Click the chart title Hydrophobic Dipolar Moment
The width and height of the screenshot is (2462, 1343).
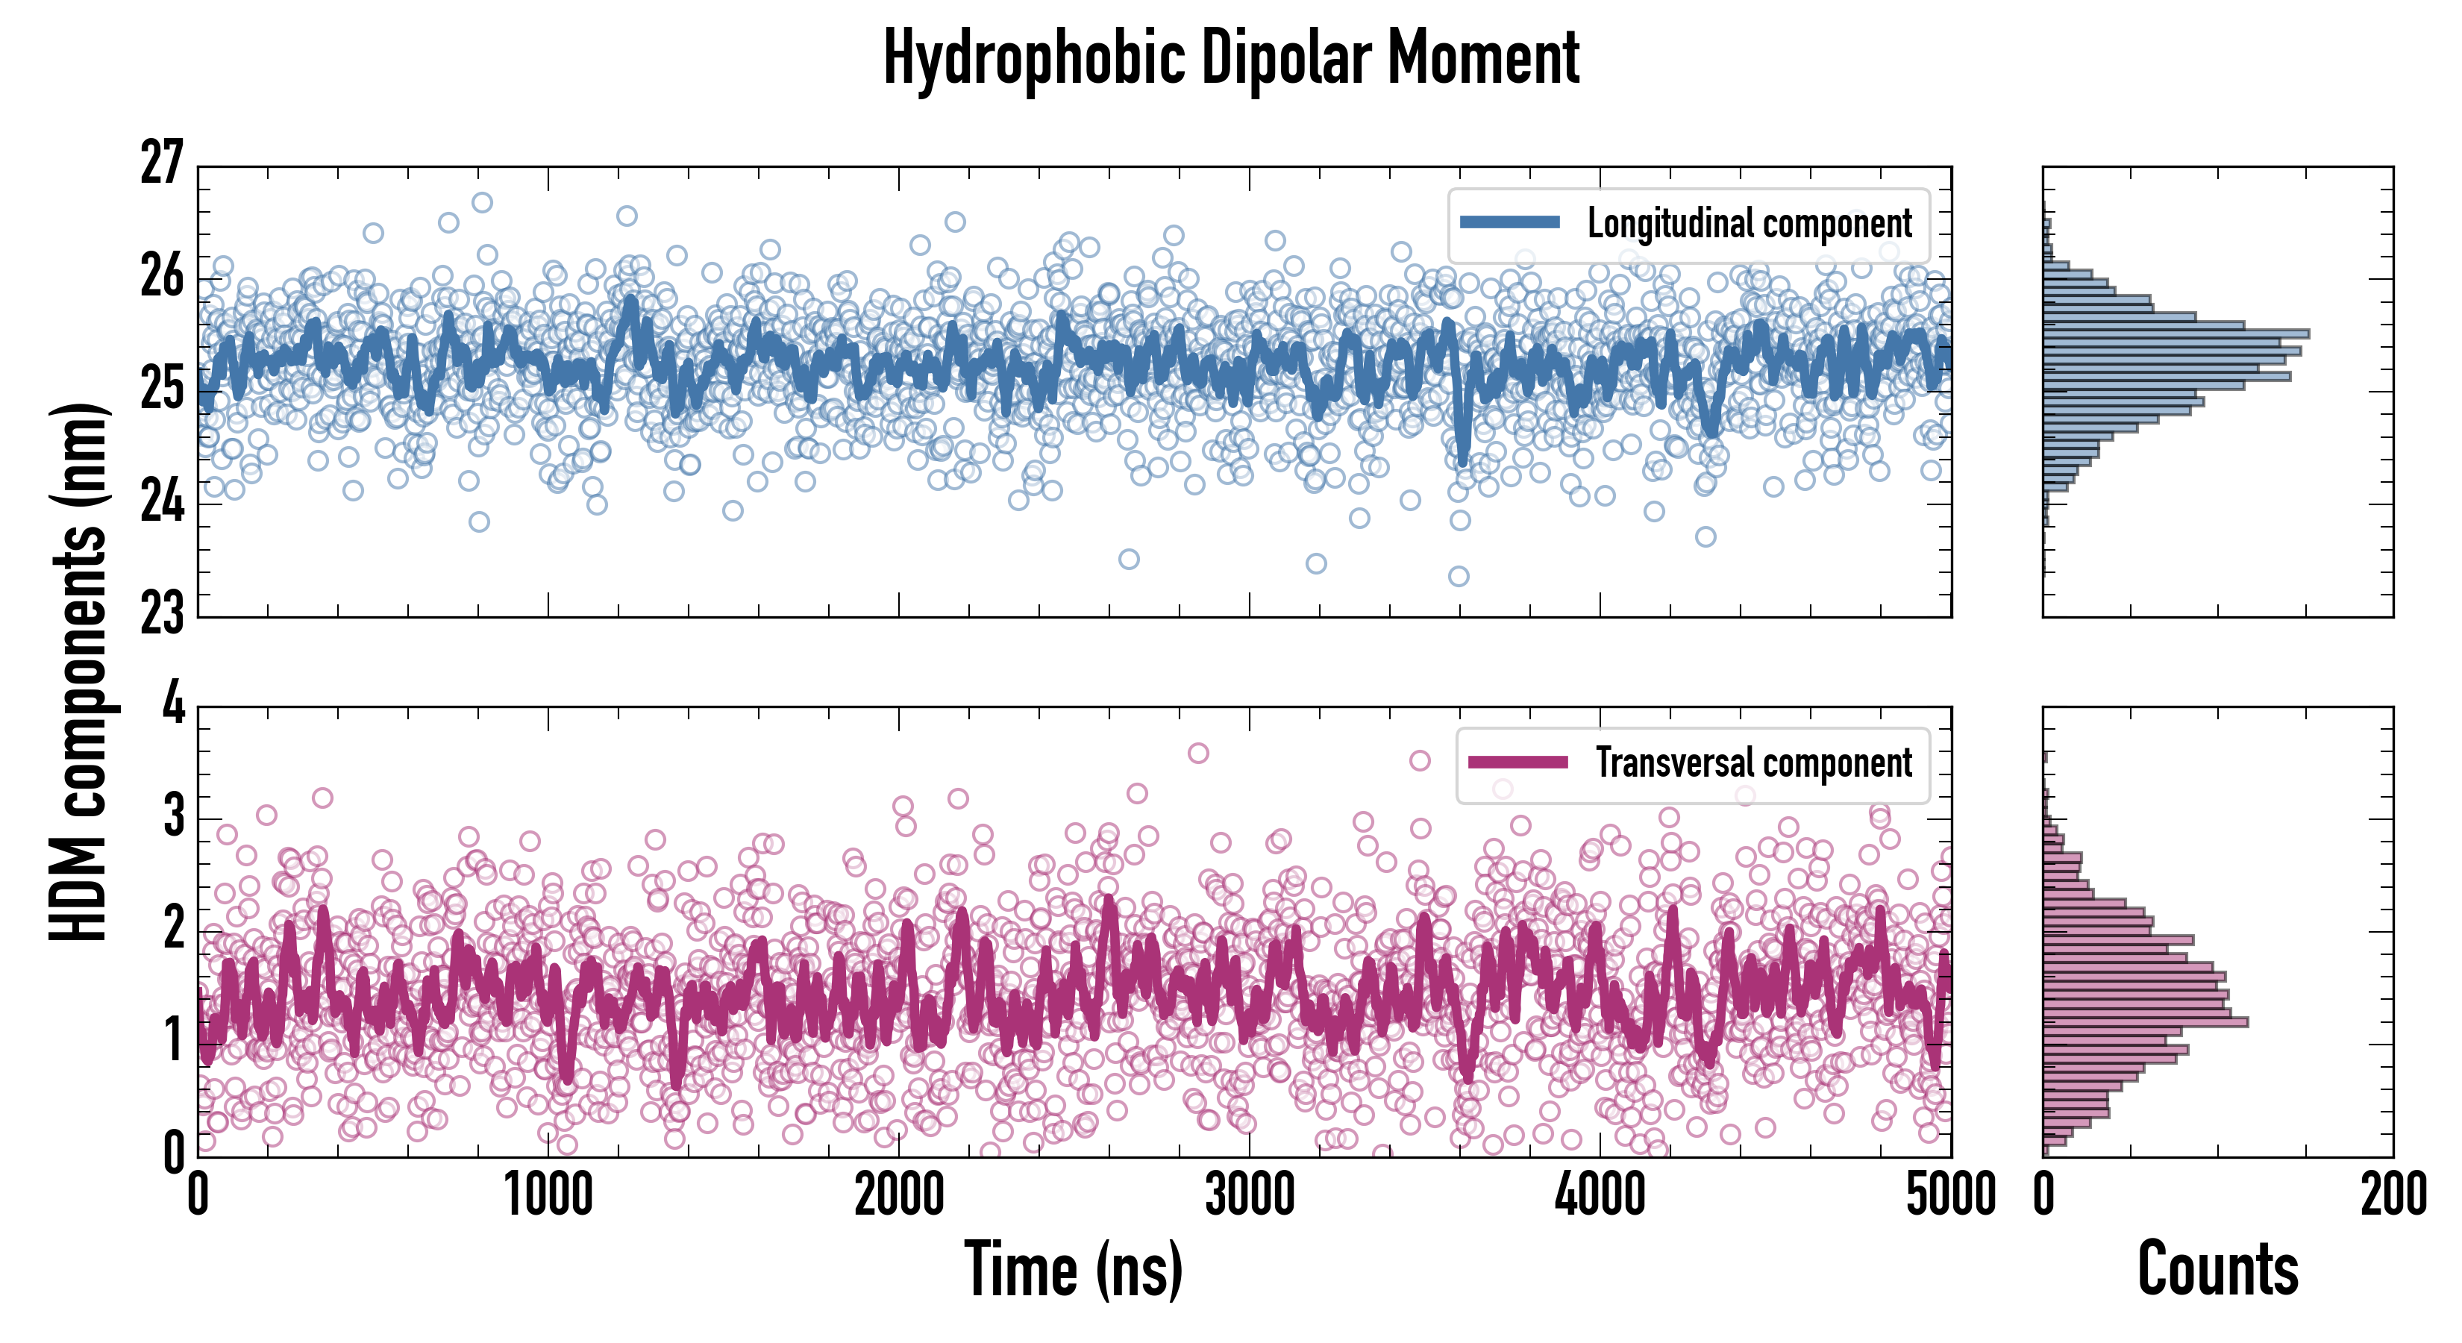(1231, 59)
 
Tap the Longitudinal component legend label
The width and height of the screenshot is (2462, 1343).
(1749, 224)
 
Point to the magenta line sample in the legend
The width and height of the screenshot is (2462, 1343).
(1517, 763)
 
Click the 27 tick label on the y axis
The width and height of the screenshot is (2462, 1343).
(160, 163)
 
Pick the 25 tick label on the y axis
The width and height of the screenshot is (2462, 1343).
(160, 388)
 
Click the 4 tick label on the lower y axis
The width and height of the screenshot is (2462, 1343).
(173, 705)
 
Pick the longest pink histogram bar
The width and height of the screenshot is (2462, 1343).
(2145, 1022)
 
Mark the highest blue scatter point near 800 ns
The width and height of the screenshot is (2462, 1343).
(483, 203)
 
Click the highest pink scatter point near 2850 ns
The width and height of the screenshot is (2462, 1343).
(1198, 754)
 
